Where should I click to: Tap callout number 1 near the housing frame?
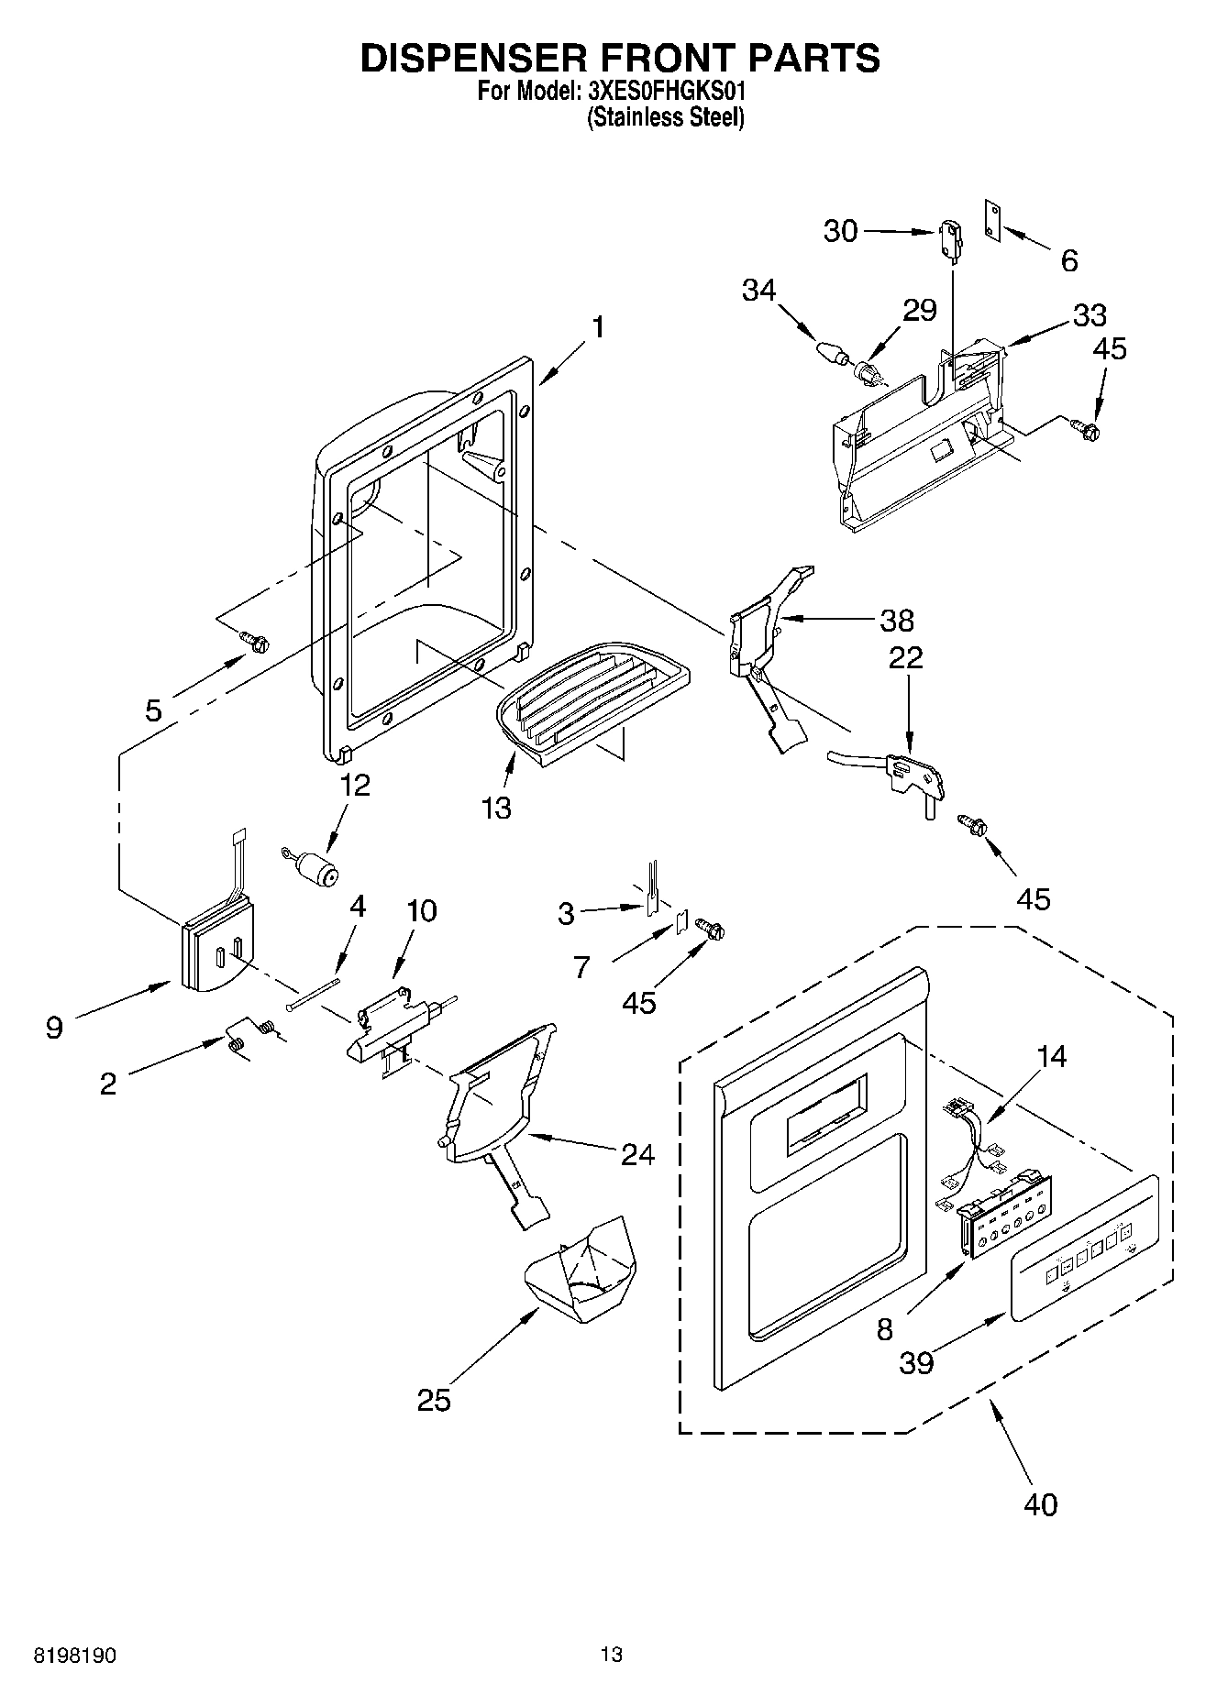pos(597,327)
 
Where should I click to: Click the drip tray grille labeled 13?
pos(592,691)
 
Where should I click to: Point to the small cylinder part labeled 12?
pos(316,866)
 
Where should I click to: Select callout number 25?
pos(434,1400)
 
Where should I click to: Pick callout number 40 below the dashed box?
pos(1041,1504)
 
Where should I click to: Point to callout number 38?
pos(897,621)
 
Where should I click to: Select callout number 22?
pos(905,657)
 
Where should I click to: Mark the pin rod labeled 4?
pos(312,994)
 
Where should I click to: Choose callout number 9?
pos(54,1028)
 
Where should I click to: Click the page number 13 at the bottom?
pos(612,1655)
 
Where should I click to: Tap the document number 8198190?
pos(75,1656)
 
